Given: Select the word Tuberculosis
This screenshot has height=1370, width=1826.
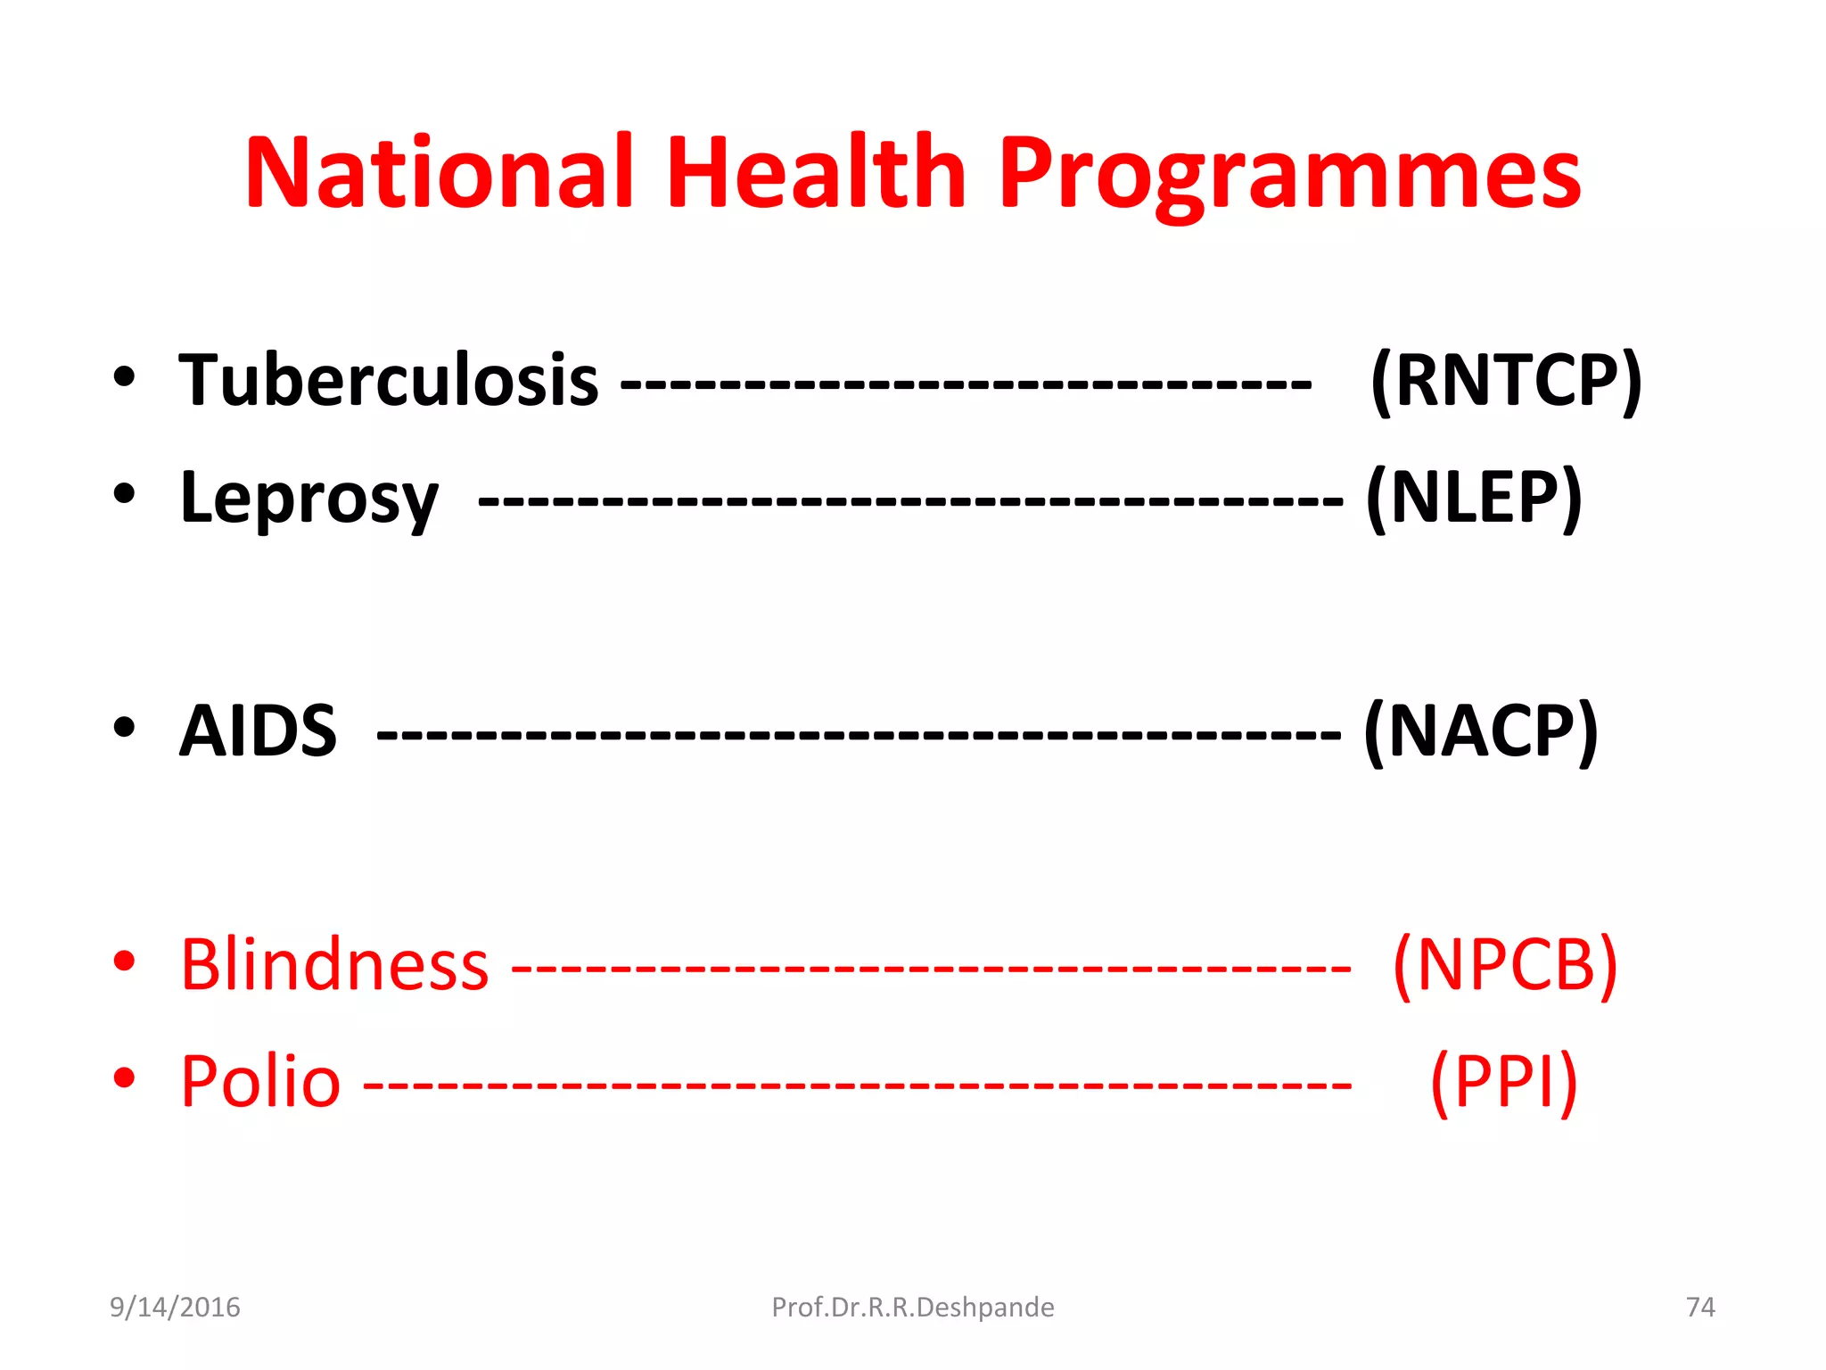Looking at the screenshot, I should click(x=388, y=381).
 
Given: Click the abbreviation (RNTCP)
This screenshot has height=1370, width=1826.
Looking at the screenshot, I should click(x=1506, y=381).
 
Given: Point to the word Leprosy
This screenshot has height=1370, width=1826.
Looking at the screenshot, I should click(x=308, y=498).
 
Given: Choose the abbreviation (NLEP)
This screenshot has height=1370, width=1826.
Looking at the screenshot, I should click(x=1474, y=498).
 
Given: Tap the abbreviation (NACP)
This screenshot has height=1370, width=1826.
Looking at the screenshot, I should click(x=1481, y=731).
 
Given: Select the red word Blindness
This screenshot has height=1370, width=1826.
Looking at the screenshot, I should click(x=334, y=965).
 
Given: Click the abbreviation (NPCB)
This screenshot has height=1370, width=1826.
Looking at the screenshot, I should click(x=1505, y=965).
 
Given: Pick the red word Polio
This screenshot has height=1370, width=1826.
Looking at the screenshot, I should click(x=260, y=1082).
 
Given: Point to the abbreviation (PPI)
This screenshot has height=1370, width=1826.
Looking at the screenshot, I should click(x=1504, y=1082).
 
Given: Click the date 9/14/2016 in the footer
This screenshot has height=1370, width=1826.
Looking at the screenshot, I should click(x=175, y=1308).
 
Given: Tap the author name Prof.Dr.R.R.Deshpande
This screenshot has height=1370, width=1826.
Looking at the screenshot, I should click(x=912, y=1308).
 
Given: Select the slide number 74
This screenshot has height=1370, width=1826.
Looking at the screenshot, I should click(x=1700, y=1308).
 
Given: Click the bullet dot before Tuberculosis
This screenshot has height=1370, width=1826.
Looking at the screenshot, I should click(x=124, y=377).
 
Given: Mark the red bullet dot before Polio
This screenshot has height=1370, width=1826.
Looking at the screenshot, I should click(x=124, y=1078).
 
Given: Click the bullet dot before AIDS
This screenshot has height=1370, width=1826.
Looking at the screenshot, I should click(x=124, y=728).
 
